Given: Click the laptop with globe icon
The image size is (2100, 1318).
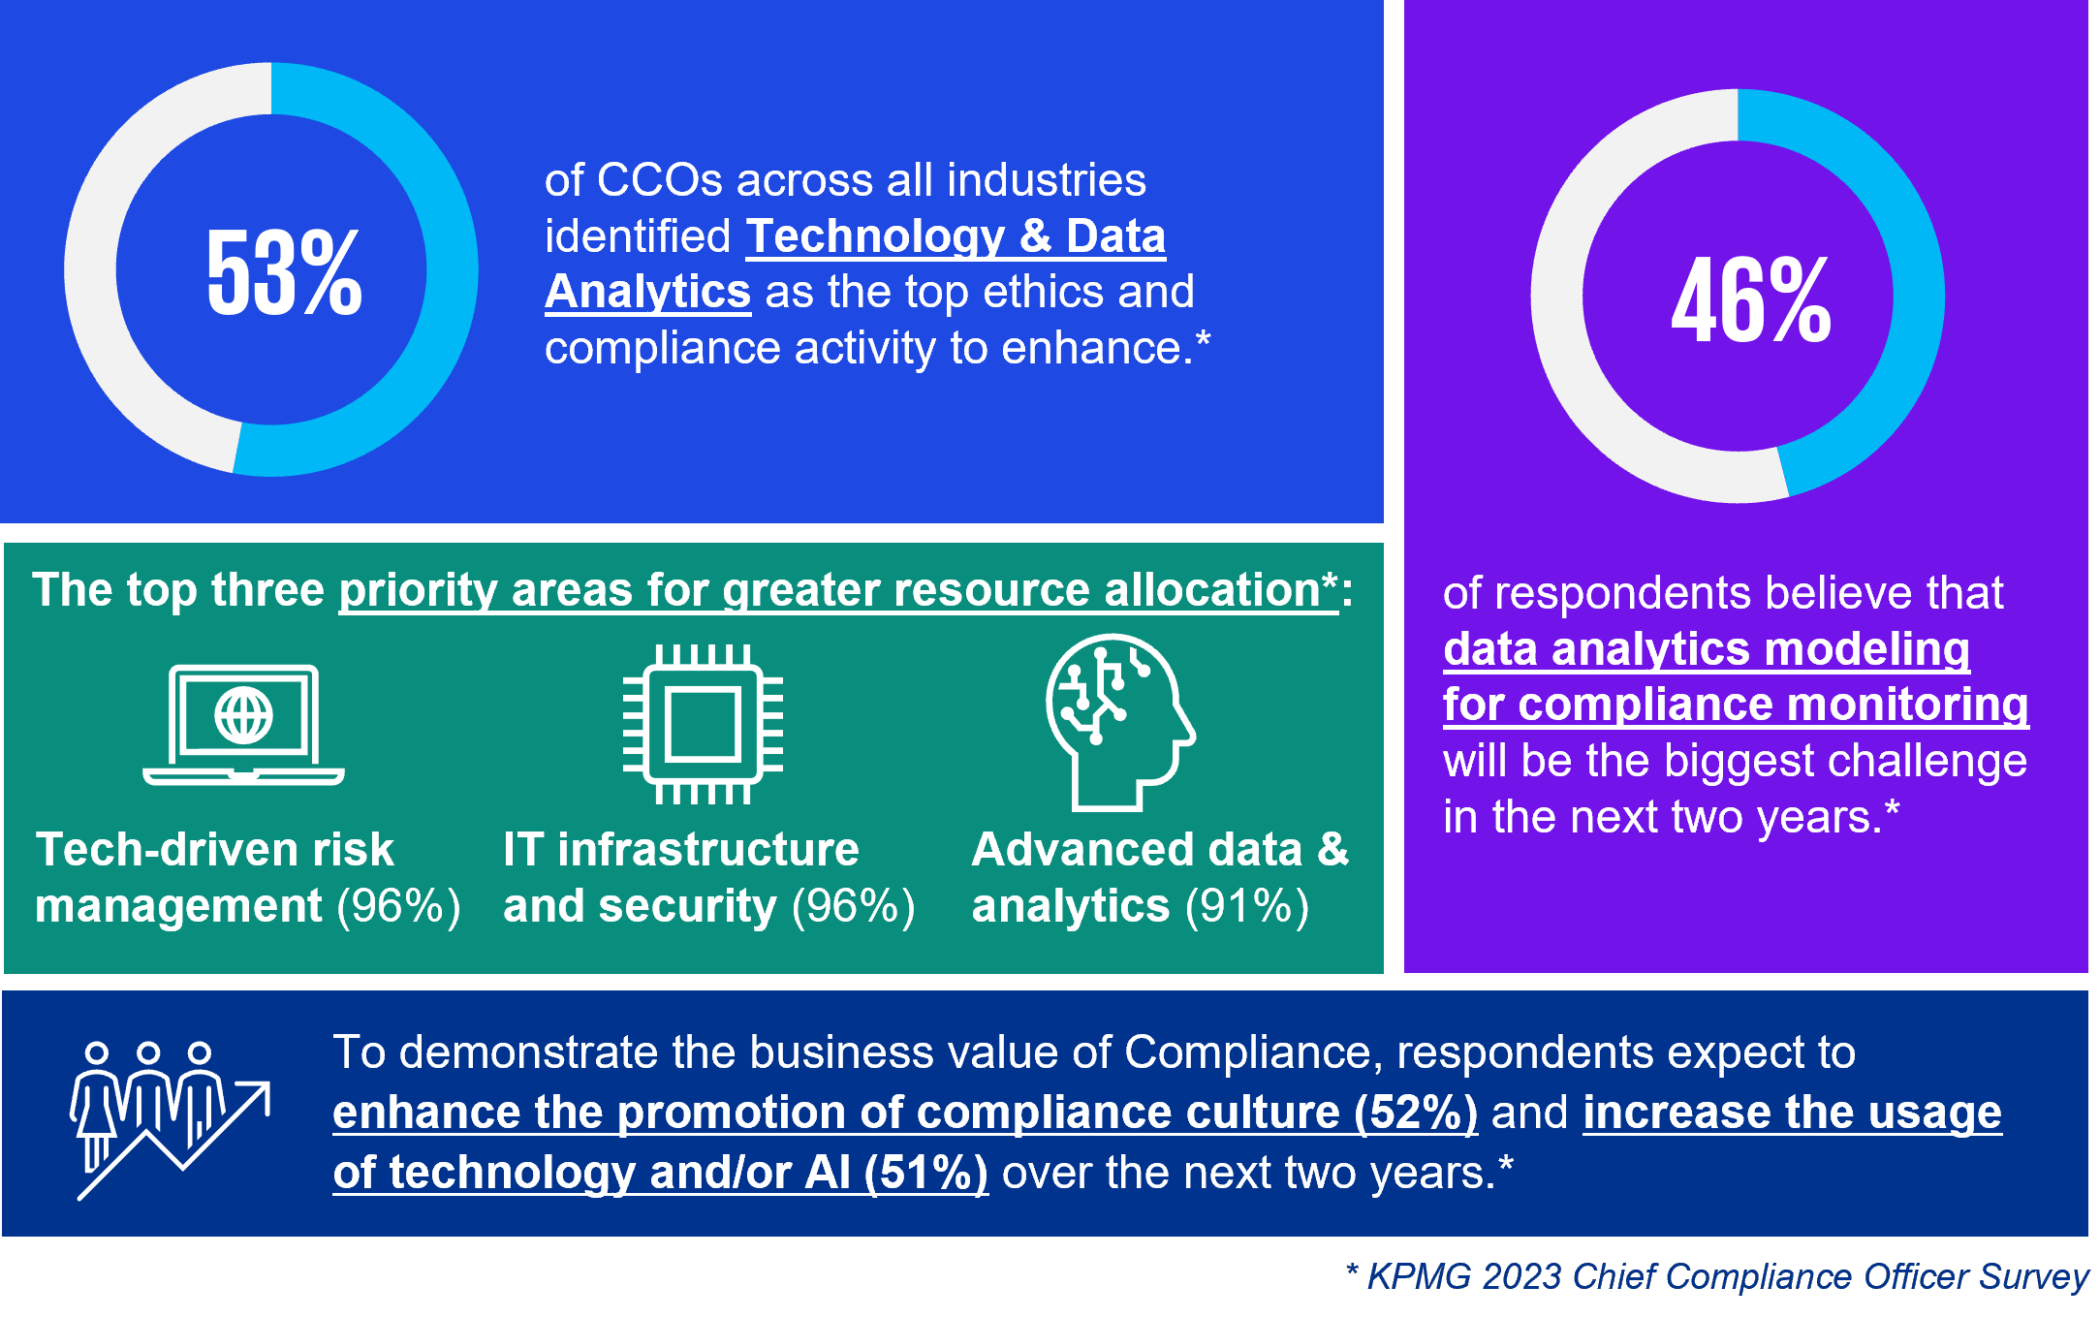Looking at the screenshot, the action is (x=243, y=724).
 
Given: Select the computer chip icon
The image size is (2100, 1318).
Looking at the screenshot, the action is (x=703, y=724).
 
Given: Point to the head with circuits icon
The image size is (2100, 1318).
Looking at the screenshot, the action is (x=1120, y=722).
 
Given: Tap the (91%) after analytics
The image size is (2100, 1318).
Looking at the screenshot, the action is (x=1247, y=907).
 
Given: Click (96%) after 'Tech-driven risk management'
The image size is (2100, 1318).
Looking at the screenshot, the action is (x=398, y=907).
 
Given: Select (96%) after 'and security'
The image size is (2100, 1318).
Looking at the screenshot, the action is (x=853, y=907).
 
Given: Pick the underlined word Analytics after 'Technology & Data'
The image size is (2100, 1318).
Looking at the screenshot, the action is (x=647, y=292).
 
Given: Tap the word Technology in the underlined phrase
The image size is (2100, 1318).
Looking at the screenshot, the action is (x=876, y=236).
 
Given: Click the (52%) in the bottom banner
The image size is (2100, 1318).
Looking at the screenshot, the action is (x=1415, y=1113).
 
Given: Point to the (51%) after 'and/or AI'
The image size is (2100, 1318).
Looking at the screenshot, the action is (x=926, y=1173).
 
